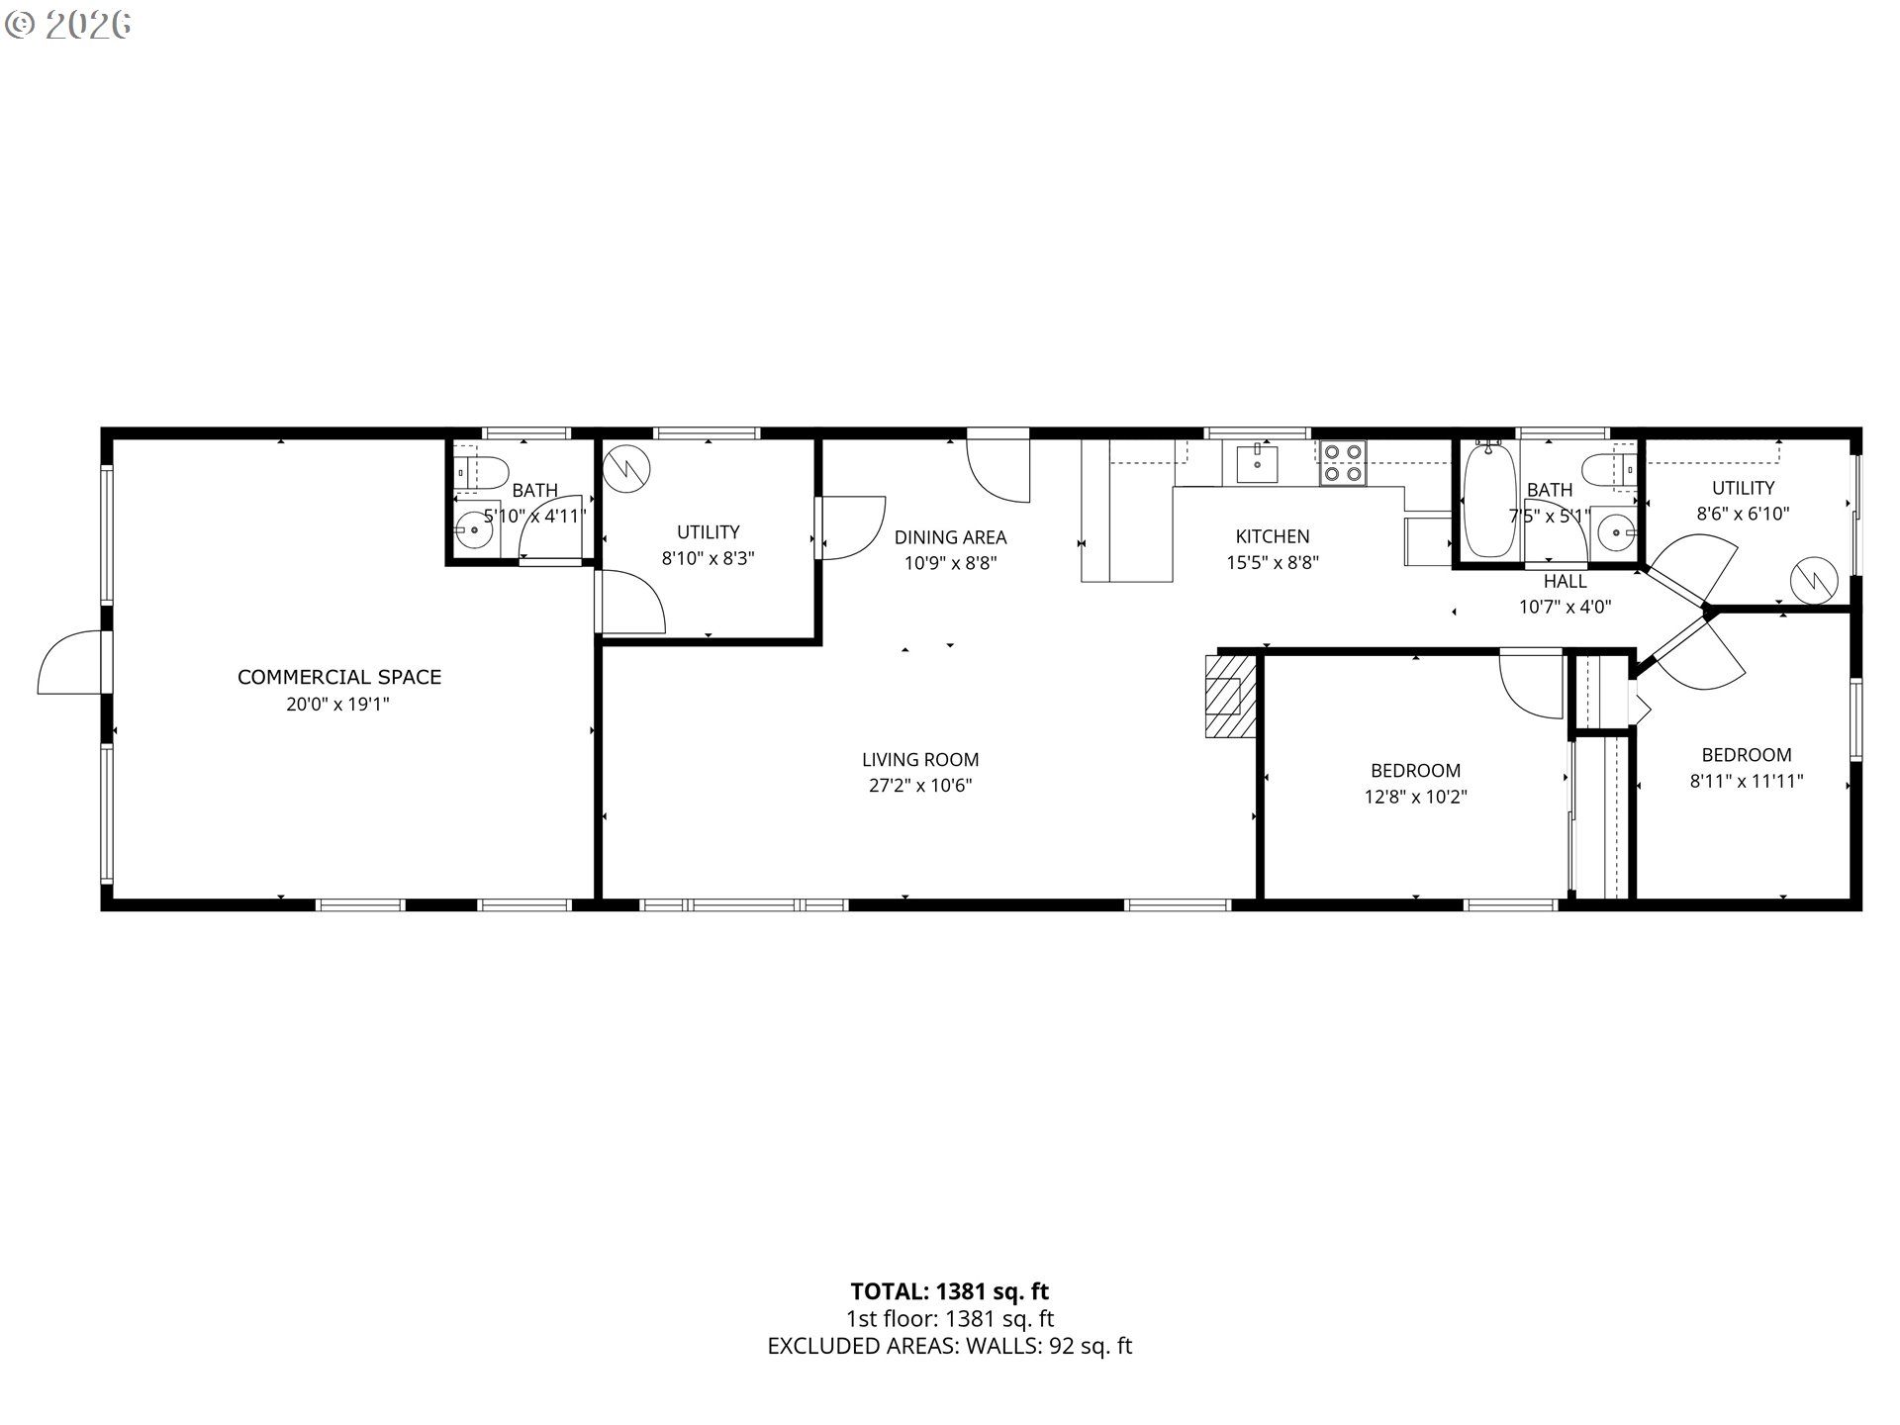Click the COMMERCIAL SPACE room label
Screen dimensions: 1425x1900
(339, 677)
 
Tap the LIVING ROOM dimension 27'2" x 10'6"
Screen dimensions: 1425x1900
(920, 786)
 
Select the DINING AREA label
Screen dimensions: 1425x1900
(950, 537)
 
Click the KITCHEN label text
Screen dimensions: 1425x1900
(1272, 536)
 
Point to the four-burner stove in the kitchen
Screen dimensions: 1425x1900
(1343, 462)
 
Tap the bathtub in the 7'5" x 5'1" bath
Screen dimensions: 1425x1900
(1487, 502)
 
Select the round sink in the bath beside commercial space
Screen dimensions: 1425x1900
(475, 529)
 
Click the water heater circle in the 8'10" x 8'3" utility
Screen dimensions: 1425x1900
(627, 467)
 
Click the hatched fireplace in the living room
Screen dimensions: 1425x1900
(1230, 695)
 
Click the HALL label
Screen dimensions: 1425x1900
(1565, 582)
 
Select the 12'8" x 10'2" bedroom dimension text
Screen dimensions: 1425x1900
(1415, 797)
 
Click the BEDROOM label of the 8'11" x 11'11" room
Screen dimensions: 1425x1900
(1746, 754)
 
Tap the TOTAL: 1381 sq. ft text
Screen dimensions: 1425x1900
(949, 1291)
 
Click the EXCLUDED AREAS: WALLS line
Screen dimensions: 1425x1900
(949, 1346)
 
